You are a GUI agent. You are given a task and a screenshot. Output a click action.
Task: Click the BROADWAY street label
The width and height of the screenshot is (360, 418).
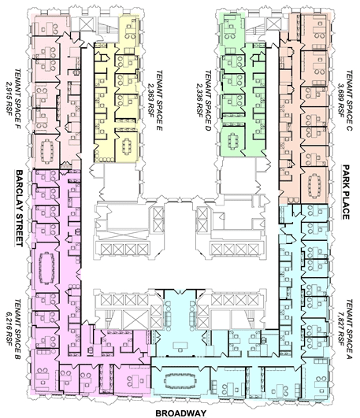pos(180,413)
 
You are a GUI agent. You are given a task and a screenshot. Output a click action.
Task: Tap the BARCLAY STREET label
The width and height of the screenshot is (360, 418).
pos(19,208)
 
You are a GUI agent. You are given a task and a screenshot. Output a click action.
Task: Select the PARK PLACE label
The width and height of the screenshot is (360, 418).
pos(346,192)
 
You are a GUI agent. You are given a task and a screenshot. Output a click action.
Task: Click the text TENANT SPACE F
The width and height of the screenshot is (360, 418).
pos(17,99)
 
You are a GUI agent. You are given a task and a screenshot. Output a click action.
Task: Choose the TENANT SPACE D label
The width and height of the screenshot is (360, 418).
pos(208,101)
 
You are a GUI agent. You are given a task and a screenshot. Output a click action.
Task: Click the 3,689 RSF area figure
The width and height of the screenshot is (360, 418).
pos(341,100)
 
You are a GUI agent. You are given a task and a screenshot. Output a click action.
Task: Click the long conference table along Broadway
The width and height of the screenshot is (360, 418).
pos(180,379)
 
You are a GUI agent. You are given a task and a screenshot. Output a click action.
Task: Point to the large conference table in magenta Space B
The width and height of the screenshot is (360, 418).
pos(47,268)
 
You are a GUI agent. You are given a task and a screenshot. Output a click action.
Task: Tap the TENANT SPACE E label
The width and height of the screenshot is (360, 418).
pos(159,100)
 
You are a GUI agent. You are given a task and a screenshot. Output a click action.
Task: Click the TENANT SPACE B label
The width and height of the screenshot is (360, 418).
pos(17,330)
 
